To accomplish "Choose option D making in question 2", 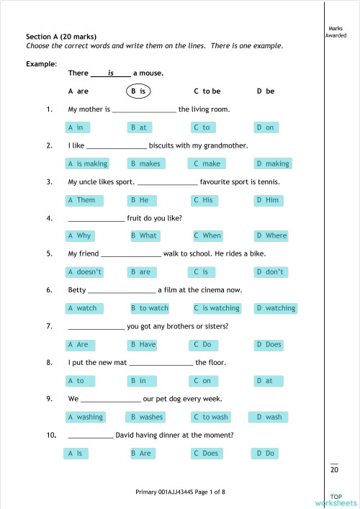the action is coord(274,163).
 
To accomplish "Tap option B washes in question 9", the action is coord(147,417).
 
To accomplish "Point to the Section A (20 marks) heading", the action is coord(61,37).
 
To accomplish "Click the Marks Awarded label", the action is coord(336,32).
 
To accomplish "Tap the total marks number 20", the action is coord(334,469).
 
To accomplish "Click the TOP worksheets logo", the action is coord(336,500).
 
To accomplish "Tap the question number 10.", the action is coord(50,435).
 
